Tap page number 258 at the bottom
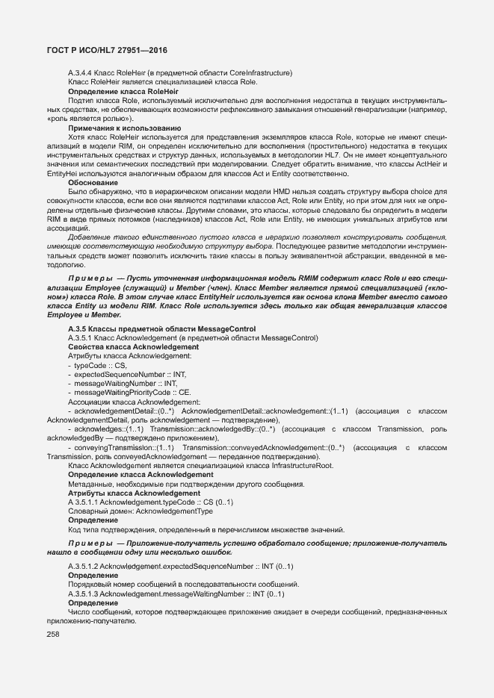click(x=53, y=634)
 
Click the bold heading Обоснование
click(x=93, y=182)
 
